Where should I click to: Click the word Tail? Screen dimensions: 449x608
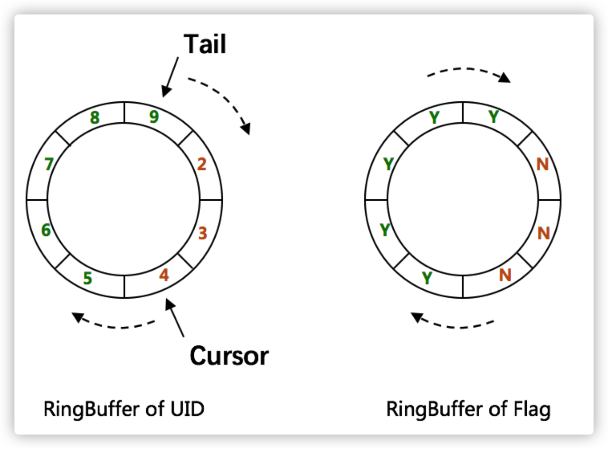coord(205,44)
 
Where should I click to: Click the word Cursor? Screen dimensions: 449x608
coord(229,355)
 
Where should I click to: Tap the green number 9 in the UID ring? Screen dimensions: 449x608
coord(153,117)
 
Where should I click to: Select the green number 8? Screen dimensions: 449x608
coord(95,117)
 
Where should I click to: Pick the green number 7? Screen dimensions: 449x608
coord(48,165)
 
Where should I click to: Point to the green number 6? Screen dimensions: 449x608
coord(46,230)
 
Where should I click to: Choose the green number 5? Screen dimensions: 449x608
coord(87,278)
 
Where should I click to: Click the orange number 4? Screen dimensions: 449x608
coord(164,275)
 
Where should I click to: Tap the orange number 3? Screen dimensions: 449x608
coord(203,234)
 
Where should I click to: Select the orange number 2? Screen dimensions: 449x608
coord(202,165)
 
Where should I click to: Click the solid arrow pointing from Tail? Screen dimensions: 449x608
coord(170,77)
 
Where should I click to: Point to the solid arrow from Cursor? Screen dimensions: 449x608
coord(174,318)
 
